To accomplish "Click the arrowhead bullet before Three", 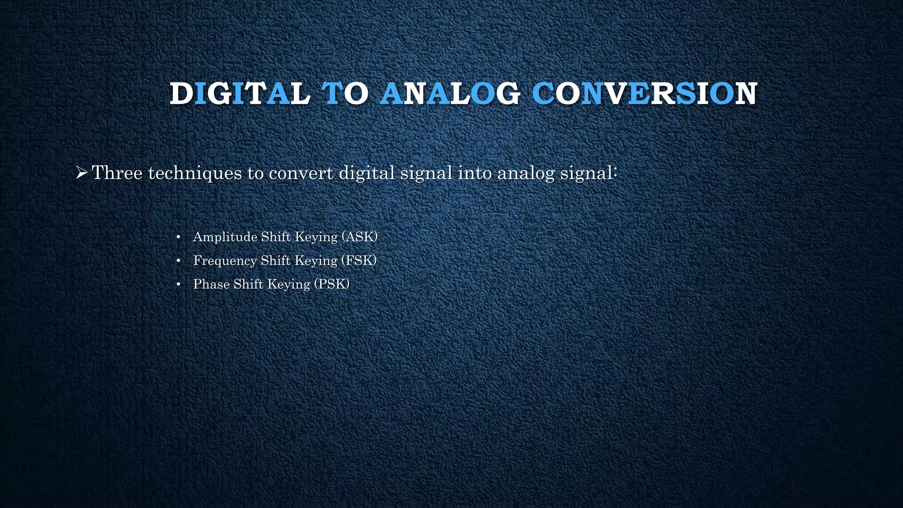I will tap(81, 173).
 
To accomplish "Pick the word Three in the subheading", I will tap(117, 173).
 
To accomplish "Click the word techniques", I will tap(195, 173).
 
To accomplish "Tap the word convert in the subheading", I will tap(301, 173).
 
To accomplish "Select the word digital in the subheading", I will tap(367, 173).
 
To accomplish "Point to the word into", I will tap(475, 173).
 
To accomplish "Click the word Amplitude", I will tap(225, 237).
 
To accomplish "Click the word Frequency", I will tap(225, 261).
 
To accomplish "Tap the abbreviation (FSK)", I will tap(359, 261).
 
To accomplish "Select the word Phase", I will tap(212, 284).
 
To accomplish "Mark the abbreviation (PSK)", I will tap(332, 284).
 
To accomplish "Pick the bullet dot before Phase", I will tap(178, 285).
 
